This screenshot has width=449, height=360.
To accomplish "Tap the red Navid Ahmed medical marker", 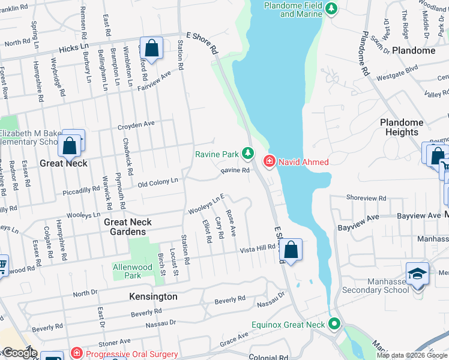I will [269, 161].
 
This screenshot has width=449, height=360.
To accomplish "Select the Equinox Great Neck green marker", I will [334, 325].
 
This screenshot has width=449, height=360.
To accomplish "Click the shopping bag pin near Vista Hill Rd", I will [291, 251].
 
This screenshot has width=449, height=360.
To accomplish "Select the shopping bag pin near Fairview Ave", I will [152, 49].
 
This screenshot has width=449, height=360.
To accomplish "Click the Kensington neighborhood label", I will [153, 296].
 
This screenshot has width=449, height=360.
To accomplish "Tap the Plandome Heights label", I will [402, 127].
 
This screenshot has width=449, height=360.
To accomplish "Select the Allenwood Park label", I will [127, 271].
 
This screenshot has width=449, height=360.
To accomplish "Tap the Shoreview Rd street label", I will [366, 198].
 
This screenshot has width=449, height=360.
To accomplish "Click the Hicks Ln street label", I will [73, 46].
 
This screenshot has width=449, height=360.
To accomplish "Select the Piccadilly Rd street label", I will [81, 190].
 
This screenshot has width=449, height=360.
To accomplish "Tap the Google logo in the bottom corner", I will [19, 353].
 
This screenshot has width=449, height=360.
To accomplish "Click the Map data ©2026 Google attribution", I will [412, 355].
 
